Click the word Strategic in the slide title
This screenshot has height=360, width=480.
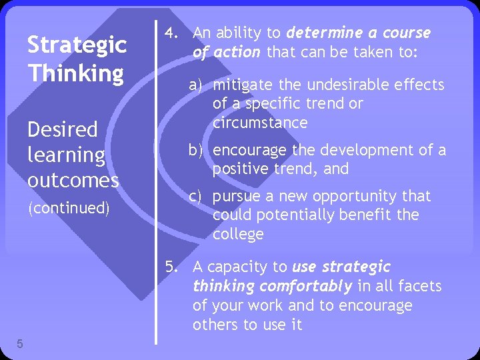pos(77,45)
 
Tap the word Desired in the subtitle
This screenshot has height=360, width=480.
pos(63,129)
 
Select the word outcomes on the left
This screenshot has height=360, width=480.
pos(73,180)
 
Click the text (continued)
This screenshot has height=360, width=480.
pos(68,208)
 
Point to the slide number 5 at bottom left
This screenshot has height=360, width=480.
pos(20,344)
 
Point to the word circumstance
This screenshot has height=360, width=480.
pos(260,123)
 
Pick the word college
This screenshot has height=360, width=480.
pos(238,235)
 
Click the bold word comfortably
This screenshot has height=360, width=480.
pos(305,287)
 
